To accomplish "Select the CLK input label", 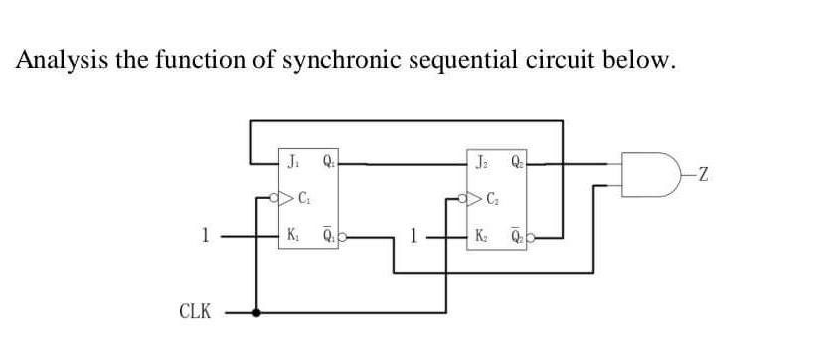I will pos(194,312).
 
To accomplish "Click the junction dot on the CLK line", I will pos(258,312).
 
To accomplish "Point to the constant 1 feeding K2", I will pos(422,237).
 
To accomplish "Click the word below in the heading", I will pos(642,61).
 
